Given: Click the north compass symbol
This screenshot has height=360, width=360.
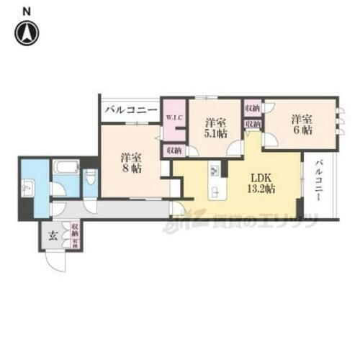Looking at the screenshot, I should pyautogui.click(x=27, y=32).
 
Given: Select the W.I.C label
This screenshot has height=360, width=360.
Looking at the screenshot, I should pyautogui.click(x=174, y=118).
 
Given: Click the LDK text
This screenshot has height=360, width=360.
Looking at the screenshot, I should pyautogui.click(x=260, y=176).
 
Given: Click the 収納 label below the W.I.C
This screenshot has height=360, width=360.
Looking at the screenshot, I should pyautogui.click(x=174, y=150).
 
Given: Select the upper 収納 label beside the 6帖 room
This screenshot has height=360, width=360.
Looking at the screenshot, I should pyautogui.click(x=252, y=108).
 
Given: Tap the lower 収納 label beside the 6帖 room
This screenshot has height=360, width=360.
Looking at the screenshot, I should pyautogui.click(x=252, y=125).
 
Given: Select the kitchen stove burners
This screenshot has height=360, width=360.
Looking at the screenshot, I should pyautogui.click(x=215, y=171).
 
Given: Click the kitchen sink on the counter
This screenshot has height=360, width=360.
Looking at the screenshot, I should pyautogui.click(x=215, y=194).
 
